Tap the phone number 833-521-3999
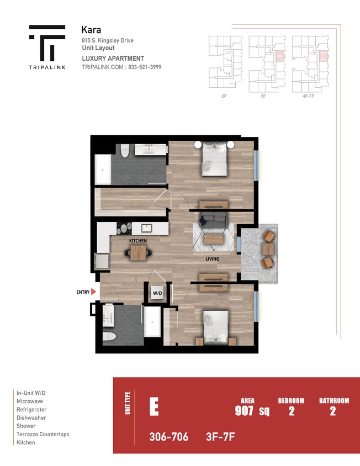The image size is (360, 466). [x=146, y=67]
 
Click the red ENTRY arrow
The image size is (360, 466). [x=94, y=292]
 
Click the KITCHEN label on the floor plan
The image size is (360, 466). [x=137, y=241]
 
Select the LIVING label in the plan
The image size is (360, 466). [x=213, y=259]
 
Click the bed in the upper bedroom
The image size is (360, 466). [x=213, y=159]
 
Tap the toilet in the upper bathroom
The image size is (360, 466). [x=125, y=150]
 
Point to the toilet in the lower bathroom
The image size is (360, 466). [x=109, y=336]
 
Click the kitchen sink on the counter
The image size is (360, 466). [x=147, y=227]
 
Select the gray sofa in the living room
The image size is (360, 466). [x=212, y=220]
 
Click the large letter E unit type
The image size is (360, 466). [x=154, y=407]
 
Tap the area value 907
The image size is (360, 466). [x=244, y=411]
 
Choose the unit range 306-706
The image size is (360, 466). [x=168, y=437]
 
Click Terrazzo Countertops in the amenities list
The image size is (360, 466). [x=43, y=435]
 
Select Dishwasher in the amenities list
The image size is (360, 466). [x=31, y=418]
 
